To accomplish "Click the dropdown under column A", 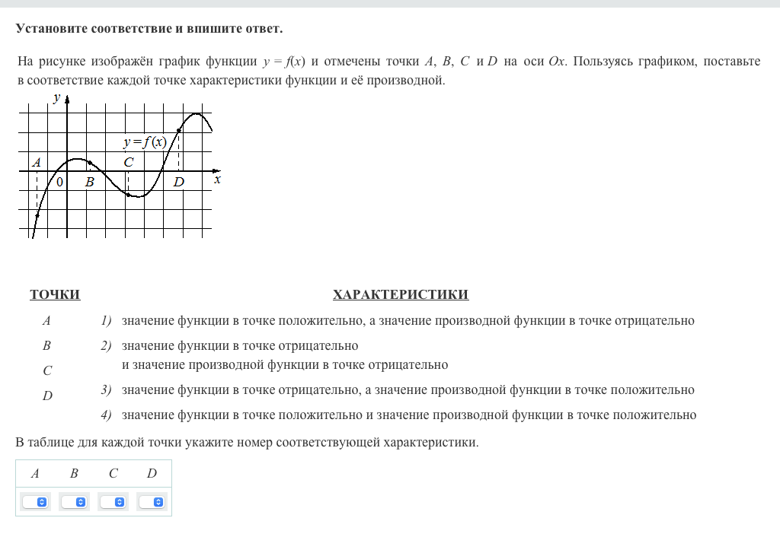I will click(35, 502).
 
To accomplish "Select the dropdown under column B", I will click(74, 502).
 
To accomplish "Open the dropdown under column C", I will click(113, 502).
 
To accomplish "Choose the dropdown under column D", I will click(152, 502).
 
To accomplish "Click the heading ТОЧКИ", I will click(55, 295).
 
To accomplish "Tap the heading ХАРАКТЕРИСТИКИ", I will click(401, 295).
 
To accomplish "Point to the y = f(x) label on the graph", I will click(145, 142).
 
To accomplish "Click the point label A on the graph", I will click(36, 162).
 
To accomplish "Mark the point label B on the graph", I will click(89, 183).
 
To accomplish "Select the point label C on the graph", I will click(128, 162).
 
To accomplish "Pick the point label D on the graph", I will click(178, 183).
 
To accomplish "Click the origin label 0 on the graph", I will click(59, 182).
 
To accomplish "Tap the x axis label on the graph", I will click(217, 180).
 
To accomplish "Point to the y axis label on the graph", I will click(56, 97).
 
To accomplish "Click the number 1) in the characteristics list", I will click(107, 321).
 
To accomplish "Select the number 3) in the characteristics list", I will click(107, 390).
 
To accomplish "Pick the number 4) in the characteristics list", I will click(107, 415).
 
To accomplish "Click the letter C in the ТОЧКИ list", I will click(47, 371).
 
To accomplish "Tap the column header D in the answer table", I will click(152, 474).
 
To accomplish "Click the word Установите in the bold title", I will click(52, 29).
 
